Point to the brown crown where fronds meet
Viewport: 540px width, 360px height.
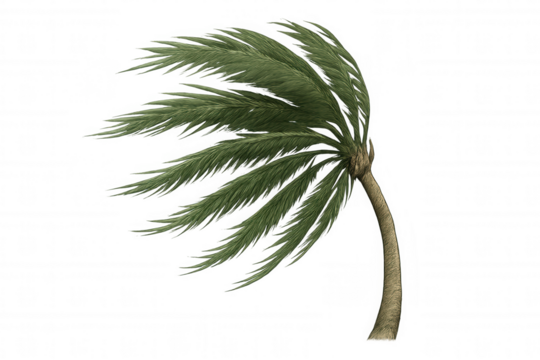[360, 160]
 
